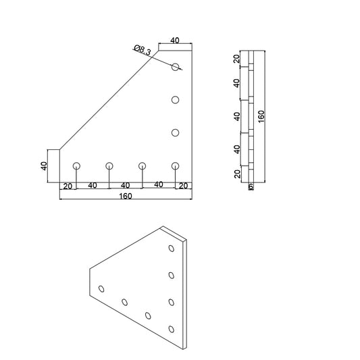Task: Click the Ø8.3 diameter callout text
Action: pos(143,49)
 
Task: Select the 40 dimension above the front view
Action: pos(175,41)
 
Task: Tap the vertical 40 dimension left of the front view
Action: pos(43,165)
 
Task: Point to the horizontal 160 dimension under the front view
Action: pos(126,196)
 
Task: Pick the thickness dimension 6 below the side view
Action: pos(251,186)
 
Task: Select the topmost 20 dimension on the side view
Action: pos(237,59)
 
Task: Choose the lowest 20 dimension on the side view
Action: pos(237,174)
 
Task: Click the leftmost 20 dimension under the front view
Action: pos(68,185)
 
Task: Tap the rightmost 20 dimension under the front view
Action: pos(183,185)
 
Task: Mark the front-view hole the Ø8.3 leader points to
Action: pos(176,67)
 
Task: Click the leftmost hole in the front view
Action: pos(76,165)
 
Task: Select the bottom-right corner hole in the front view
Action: pos(176,165)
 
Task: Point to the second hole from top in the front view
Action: pos(175,100)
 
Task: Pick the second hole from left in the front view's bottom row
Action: pos(109,165)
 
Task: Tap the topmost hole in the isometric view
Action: pos(172,248)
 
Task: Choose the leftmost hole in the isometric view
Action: pos(102,288)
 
